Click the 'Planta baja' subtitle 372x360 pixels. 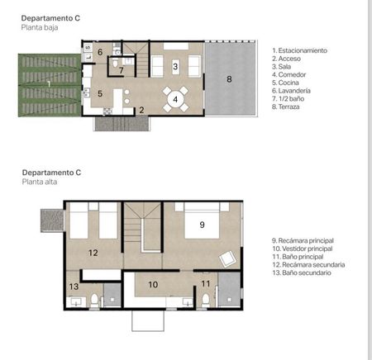40,27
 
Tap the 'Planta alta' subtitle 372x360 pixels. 40,182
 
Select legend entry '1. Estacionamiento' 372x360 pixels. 299,50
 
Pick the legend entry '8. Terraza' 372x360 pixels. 285,107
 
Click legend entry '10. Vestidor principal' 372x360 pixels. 303,249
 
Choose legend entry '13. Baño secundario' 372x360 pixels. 302,272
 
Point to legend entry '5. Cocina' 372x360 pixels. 285,83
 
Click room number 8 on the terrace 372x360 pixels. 229,79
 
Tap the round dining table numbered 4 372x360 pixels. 175,99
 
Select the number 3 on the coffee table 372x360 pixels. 175,66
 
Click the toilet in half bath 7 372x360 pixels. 115,63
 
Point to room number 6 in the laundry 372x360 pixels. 100,52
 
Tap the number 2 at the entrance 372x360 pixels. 141,110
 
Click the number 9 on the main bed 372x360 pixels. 202,225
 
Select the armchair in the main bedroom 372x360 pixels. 227,258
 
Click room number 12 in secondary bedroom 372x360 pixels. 93,253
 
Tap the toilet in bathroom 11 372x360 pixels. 206,301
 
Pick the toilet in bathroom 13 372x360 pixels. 94,301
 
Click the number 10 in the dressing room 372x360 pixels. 153,284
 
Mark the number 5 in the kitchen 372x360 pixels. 100,93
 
